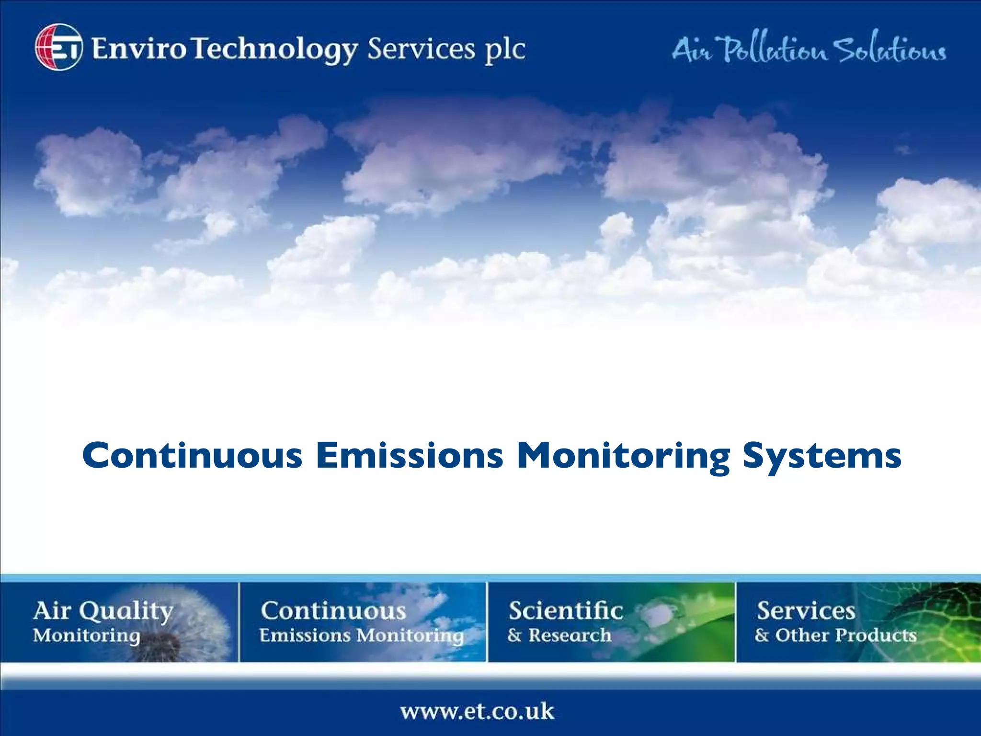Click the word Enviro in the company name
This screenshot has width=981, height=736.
click(x=138, y=49)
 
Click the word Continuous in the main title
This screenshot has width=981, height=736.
click(x=192, y=455)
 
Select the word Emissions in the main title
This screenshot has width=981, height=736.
click(x=410, y=455)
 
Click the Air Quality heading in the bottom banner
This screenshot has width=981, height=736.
click(x=103, y=611)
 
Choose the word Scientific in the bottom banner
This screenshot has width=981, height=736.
click(x=566, y=611)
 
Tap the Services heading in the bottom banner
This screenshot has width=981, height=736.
click(x=806, y=611)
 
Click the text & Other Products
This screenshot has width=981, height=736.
click(x=835, y=635)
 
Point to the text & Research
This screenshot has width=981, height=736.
click(x=559, y=635)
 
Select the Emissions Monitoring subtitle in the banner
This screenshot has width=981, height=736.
click(x=362, y=636)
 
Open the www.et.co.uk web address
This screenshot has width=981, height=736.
click(x=477, y=711)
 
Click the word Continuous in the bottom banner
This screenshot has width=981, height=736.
click(x=333, y=611)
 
